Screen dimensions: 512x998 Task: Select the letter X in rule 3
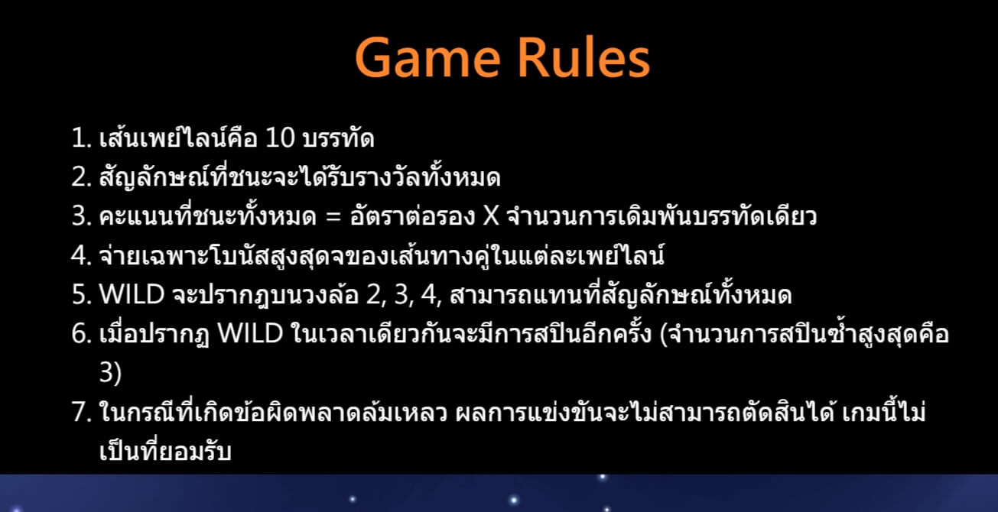click(x=490, y=217)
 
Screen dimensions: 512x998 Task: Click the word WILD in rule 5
click(x=127, y=295)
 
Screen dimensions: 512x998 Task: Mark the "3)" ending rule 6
click(x=110, y=373)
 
